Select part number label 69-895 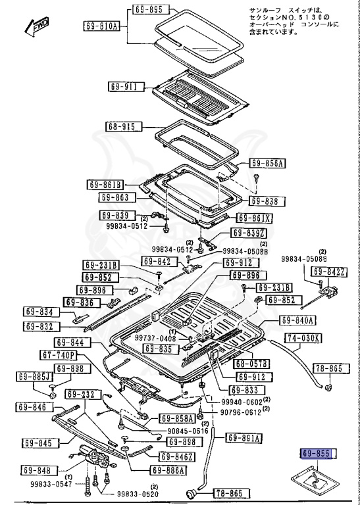click(x=148, y=10)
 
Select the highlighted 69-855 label click(x=318, y=454)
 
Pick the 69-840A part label click(x=298, y=320)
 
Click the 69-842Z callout click(x=328, y=271)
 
